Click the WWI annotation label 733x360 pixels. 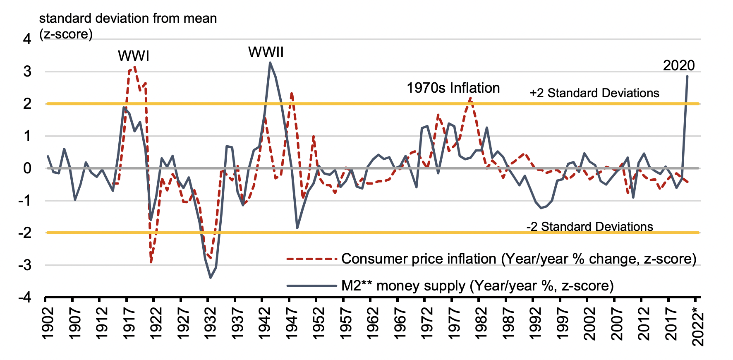click(133, 56)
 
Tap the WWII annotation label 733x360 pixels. click(266, 53)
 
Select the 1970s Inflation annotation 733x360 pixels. click(453, 88)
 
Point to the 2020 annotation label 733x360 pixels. click(679, 65)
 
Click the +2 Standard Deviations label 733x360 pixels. click(594, 93)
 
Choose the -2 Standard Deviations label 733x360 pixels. click(589, 227)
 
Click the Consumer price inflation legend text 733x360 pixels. click(519, 259)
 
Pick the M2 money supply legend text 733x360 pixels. click(477, 286)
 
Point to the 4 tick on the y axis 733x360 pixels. click(27, 39)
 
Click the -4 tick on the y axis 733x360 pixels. click(24, 298)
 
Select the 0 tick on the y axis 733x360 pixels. click(27, 168)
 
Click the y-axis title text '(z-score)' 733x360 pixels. click(66, 34)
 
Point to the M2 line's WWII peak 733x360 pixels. click(270, 63)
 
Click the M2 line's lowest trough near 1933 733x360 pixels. click(211, 278)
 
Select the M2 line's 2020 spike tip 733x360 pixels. click(687, 76)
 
